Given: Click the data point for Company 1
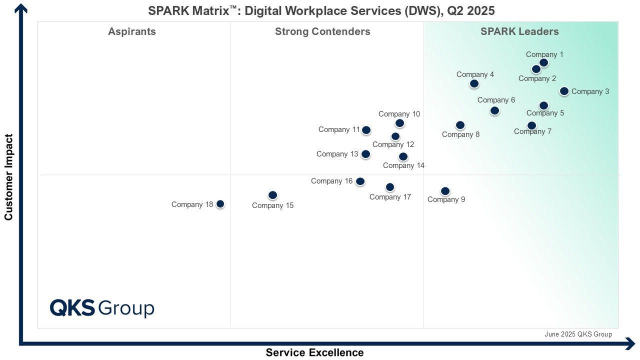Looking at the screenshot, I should point(543,62).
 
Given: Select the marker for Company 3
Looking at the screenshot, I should point(564,91).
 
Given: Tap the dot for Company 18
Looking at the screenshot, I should point(220,204).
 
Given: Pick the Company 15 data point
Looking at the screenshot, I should point(272,195).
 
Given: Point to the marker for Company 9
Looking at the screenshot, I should point(445,191).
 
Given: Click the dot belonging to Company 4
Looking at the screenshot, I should point(474,83).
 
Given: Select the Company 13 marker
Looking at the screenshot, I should point(365,154).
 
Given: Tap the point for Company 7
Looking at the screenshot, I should point(531,125).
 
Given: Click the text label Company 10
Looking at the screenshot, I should point(399,114).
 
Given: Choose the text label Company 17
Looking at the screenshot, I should point(390,197).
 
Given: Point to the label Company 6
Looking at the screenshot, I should point(496,100).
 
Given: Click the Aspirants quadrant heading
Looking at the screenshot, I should point(132,31).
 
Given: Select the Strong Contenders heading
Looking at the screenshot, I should point(322,31).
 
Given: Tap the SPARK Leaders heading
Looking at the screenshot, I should point(519,31).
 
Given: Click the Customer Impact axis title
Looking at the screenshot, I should point(8,177).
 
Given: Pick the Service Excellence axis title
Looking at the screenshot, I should point(314,352).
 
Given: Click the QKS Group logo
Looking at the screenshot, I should point(102,308).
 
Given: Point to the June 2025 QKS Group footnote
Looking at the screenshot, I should point(578,334).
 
